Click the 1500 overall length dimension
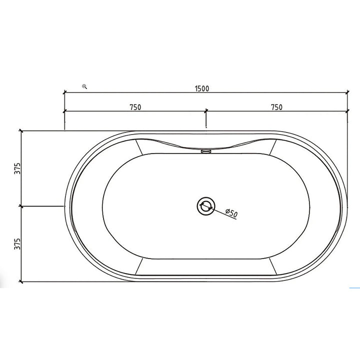click(x=202, y=88)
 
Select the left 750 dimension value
click(x=135, y=106)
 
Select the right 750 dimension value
click(x=276, y=106)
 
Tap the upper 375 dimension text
click(x=16, y=168)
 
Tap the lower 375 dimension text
click(x=16, y=243)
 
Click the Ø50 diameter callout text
click(x=231, y=213)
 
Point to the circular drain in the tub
click(x=205, y=205)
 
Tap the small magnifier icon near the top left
click(x=84, y=86)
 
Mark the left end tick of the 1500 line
click(x=64, y=92)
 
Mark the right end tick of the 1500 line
click(x=347, y=92)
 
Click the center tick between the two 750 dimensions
click(x=205, y=110)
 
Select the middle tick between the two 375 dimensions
click(x=20, y=205)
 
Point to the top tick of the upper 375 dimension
click(x=20, y=130)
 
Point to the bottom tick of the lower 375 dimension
click(x=20, y=281)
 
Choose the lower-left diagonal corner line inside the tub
click(x=139, y=265)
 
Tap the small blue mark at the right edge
click(x=354, y=288)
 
